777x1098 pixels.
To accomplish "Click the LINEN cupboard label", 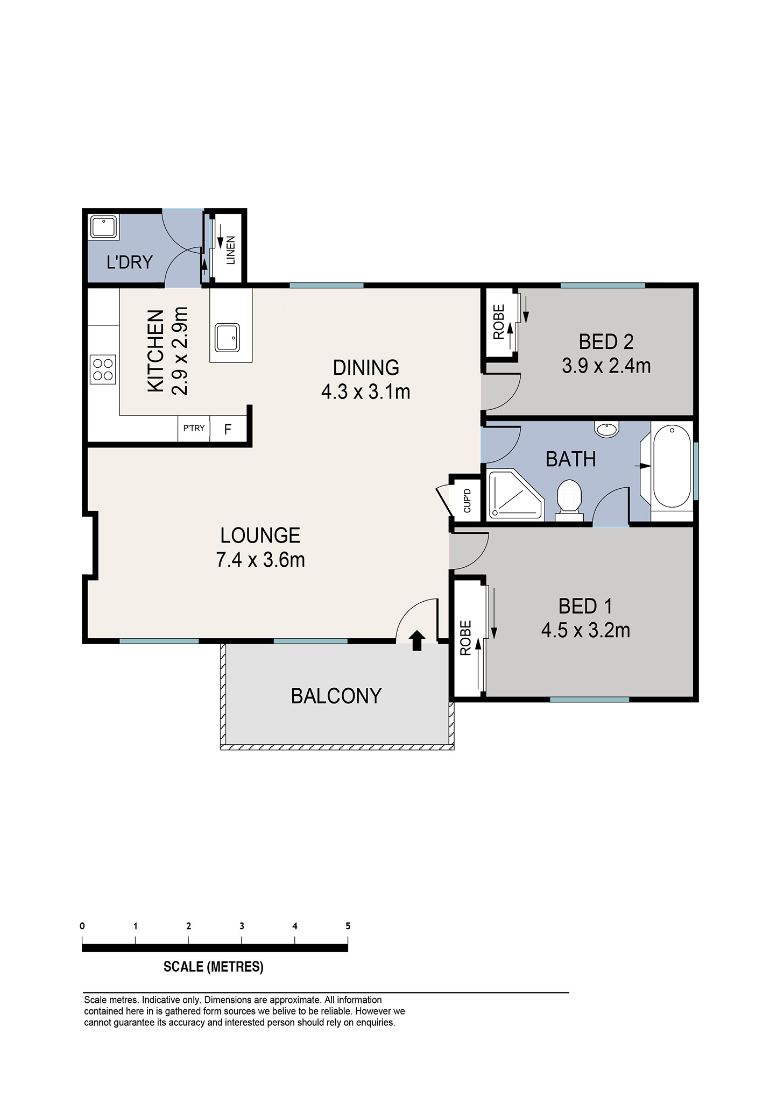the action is point(230,251).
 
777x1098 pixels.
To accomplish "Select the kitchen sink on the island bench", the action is point(227,337).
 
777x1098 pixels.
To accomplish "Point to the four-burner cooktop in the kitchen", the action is point(102,369).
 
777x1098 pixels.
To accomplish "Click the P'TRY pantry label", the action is point(194,428).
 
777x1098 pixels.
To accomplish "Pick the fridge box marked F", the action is point(228,429).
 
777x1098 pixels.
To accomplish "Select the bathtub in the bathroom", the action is point(672,466).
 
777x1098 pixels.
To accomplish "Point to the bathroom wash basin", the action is point(607,429).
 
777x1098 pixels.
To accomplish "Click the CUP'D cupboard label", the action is point(467,500).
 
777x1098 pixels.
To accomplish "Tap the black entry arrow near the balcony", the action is point(417,641).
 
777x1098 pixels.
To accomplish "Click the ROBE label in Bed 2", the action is point(499,322).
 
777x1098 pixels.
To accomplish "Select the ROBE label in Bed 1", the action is point(465,638).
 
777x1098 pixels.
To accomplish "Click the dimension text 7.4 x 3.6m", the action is point(260,560).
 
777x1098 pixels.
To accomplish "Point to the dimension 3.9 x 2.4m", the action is point(606,366).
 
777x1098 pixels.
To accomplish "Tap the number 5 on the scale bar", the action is point(348,926).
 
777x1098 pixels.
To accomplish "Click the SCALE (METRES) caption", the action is point(214,967).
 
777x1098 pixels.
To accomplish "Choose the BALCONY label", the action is point(336,696).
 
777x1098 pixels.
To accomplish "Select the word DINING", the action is point(366,368).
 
